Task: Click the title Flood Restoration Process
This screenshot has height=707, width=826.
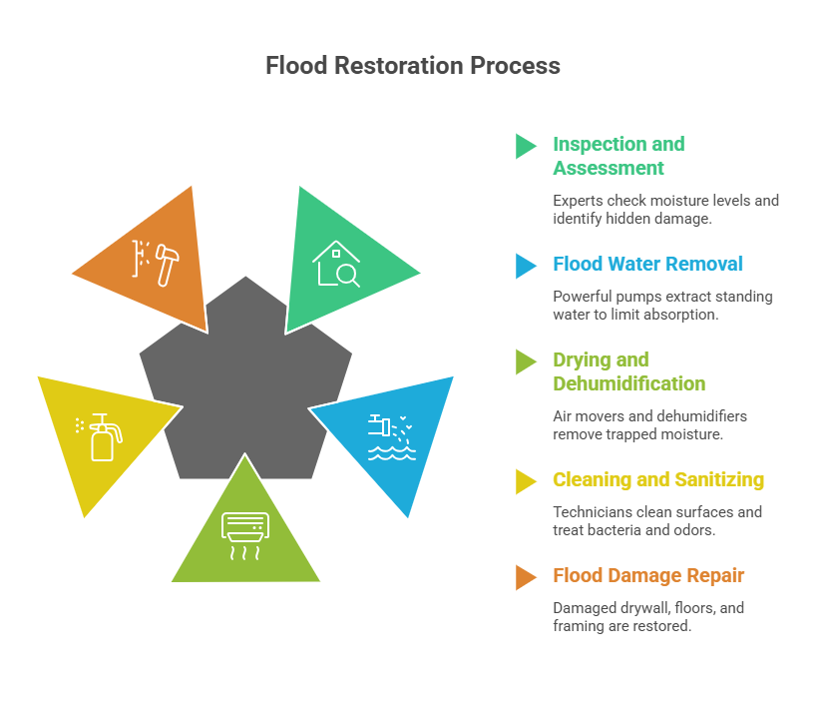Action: pos(412,66)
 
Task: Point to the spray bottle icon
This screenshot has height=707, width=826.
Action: pos(101,436)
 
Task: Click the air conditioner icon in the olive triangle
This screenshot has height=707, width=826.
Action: pos(245,533)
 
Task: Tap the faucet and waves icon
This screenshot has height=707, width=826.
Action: pos(389,436)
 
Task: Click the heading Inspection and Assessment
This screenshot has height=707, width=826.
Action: pos(619,156)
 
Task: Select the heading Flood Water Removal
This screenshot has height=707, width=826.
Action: pos(647,264)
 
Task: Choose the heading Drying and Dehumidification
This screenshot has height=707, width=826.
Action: pos(628,371)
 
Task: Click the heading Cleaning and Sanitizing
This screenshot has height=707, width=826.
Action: pos(658,479)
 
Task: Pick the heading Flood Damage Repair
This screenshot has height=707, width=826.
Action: pos(648,575)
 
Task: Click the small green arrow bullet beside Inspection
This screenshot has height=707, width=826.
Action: pos(525,146)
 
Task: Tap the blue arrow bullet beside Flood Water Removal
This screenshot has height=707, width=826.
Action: pos(525,265)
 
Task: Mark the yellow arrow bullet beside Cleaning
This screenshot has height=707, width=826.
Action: pos(525,480)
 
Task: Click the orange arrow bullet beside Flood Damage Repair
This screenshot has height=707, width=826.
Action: pos(525,576)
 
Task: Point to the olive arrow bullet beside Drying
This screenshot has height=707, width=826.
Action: pos(525,361)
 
